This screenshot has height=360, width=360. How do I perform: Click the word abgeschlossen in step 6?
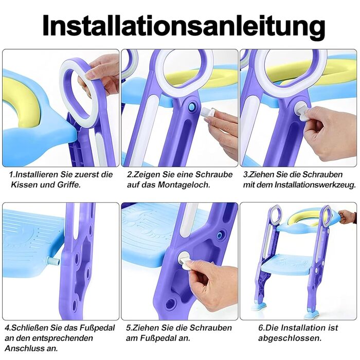coord(290,338)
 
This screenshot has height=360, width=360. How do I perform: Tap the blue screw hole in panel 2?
coord(191,107)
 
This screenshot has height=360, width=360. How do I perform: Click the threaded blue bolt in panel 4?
coord(53,261)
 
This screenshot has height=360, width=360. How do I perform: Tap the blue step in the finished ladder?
coord(287,264)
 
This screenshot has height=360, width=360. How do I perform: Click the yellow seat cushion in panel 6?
coord(303,217)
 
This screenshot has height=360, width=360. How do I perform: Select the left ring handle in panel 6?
coord(275,215)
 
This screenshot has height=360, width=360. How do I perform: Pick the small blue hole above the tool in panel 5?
coord(220,235)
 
